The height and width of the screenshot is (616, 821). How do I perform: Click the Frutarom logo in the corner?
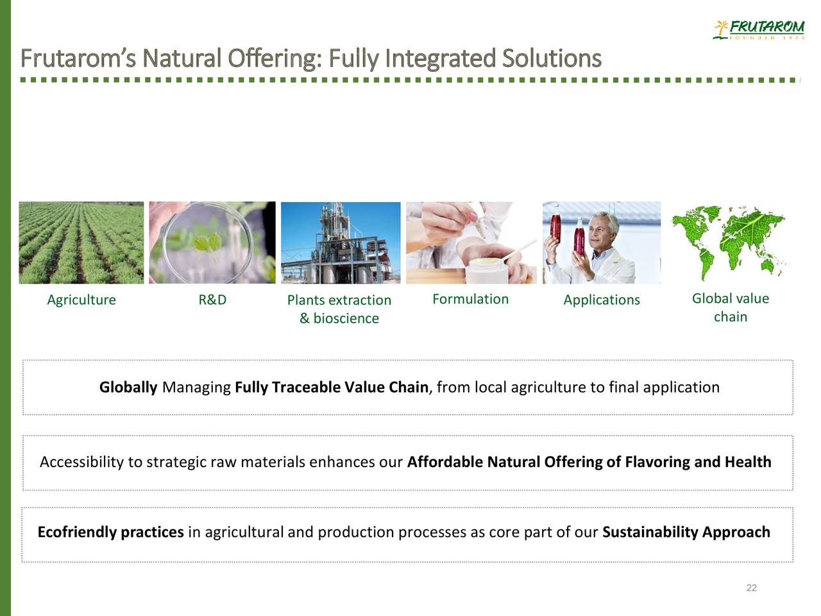pos(758,29)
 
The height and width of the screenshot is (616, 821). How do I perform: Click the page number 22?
pos(752,588)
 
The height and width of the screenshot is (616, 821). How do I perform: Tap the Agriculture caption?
pos(81,300)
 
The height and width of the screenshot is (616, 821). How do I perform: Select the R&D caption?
pos(212,300)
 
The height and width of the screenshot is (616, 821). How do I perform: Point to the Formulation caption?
pos(470,299)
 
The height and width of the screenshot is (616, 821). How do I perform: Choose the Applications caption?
pos(602,300)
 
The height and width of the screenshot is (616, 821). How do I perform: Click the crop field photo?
pos(81,243)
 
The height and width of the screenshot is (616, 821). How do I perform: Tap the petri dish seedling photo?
pos(212,243)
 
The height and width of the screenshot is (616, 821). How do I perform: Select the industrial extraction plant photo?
pos(341,243)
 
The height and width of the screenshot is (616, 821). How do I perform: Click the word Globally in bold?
pos(128,387)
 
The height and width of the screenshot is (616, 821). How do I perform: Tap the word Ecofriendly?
pos(77,532)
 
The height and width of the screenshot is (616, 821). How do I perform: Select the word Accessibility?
pos(82,462)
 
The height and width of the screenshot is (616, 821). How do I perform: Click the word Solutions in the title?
pos(552,59)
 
